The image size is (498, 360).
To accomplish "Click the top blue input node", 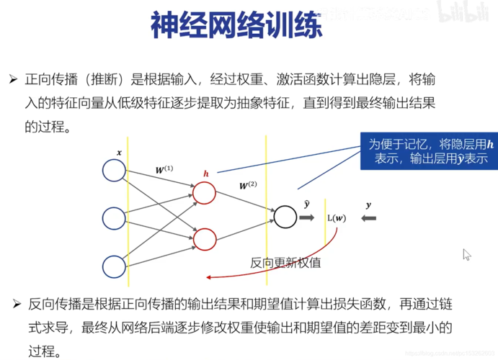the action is coord(115,170).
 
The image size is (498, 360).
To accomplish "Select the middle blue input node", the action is coord(115,217).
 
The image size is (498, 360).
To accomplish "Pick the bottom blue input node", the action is coord(115,266).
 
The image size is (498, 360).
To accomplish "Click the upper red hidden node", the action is coord(204,193).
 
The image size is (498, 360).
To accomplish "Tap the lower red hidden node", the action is coord(204,239).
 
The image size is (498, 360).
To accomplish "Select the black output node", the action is coord(285,216).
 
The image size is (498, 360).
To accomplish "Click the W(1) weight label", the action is coord(164,170).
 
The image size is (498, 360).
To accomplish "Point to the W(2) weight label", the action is coord(249,186).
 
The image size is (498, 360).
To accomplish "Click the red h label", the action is coord(205,174).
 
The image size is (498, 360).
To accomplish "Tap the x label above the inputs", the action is coord(119,153).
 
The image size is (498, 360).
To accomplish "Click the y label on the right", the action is coord(368,205).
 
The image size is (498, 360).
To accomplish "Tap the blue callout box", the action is coord(429,151).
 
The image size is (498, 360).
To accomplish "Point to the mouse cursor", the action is coord(466,254).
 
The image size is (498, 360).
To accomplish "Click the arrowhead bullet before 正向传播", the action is coord(12,77).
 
